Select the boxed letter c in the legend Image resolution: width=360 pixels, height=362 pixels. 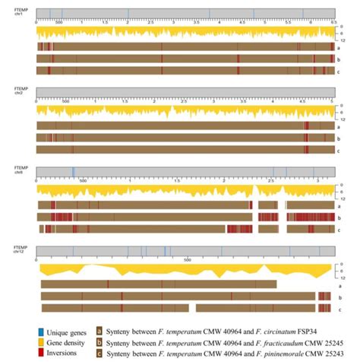click(99, 354)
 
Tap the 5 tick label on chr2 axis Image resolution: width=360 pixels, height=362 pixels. click(332, 101)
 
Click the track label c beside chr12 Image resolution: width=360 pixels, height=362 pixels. click(339, 308)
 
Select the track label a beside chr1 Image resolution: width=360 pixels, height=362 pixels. click(339, 47)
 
